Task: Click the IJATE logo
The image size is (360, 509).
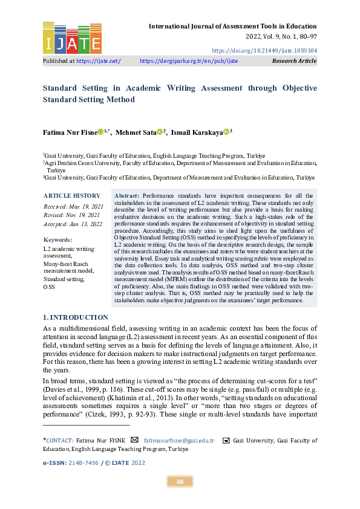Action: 72,37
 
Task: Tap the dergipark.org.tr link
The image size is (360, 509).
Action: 189,61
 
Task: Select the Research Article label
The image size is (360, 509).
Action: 294,61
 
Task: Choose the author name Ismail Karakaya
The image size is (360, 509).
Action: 197,132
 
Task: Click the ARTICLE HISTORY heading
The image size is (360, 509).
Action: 71,196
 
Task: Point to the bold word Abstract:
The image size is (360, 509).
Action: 126,196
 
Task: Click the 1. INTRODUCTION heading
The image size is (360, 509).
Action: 75,317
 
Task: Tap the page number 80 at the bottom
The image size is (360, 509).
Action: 180,481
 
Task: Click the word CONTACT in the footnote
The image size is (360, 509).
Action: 59,441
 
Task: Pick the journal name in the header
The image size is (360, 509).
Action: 232,27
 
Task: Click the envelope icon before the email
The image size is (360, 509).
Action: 134,440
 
